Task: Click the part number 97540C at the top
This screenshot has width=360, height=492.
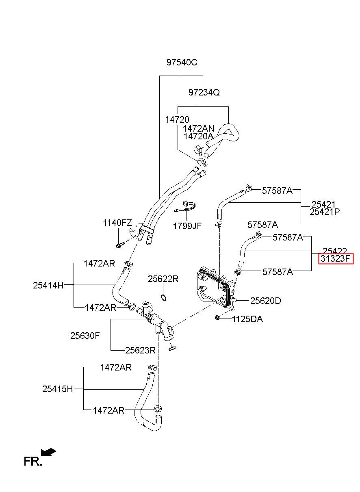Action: coord(182,63)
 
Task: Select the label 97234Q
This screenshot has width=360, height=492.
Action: coord(204,92)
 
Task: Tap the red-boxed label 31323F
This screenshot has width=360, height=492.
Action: coord(336,258)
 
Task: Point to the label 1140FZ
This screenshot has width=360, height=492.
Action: coord(117,223)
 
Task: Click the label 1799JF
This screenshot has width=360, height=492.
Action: coord(187,226)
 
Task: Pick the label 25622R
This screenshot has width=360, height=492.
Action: coord(163,279)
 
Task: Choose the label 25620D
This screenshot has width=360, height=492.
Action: coord(265,301)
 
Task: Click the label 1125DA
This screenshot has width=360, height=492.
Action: coord(247,319)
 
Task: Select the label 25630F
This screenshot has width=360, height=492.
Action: coord(85,336)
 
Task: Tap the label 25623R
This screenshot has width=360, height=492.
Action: coord(140,350)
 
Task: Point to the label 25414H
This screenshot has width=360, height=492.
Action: coord(48,285)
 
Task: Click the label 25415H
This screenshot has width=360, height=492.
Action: coord(57,389)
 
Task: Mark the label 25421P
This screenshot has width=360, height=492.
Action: coord(325,212)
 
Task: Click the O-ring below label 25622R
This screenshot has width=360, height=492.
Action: coord(163,297)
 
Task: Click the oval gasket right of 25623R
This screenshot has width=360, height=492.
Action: coord(172,348)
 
